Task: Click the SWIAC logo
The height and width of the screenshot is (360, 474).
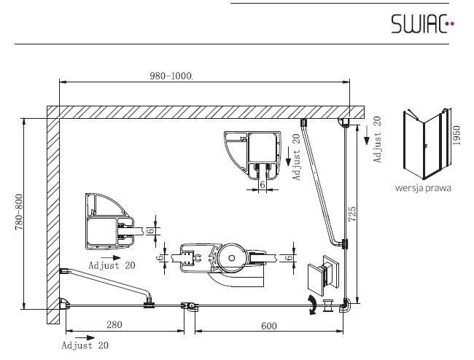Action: pos(423,23)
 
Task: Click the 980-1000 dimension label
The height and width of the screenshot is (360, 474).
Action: pos(171,76)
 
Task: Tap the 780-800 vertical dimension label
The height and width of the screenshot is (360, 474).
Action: pos(19,212)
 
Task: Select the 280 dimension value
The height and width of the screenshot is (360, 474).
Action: pos(114,324)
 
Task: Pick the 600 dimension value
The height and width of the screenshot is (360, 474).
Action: pos(269,326)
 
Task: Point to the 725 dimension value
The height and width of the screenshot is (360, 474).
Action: pos(352,214)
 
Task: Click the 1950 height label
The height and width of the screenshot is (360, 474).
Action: pos(456,135)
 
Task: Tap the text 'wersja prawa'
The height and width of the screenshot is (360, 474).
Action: pos(423,188)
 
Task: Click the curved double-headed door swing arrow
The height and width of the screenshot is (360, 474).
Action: pos(312,305)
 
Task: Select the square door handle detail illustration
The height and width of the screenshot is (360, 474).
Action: pos(323,275)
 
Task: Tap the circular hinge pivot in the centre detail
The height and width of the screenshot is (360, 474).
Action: pos(232,258)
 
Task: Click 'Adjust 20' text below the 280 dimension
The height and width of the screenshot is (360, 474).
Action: pos(85,345)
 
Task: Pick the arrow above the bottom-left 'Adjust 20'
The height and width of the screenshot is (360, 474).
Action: pos(85,337)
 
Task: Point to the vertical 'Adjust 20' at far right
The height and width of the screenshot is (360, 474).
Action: pos(377,140)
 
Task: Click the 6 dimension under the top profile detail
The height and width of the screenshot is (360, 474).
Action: pos(263,184)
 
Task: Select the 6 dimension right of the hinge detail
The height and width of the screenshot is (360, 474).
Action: pos(290,258)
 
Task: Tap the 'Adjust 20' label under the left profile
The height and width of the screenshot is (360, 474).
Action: pos(112,265)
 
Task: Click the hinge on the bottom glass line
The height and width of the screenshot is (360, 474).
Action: pos(190,307)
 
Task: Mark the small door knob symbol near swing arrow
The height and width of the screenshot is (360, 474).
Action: pos(327,305)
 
